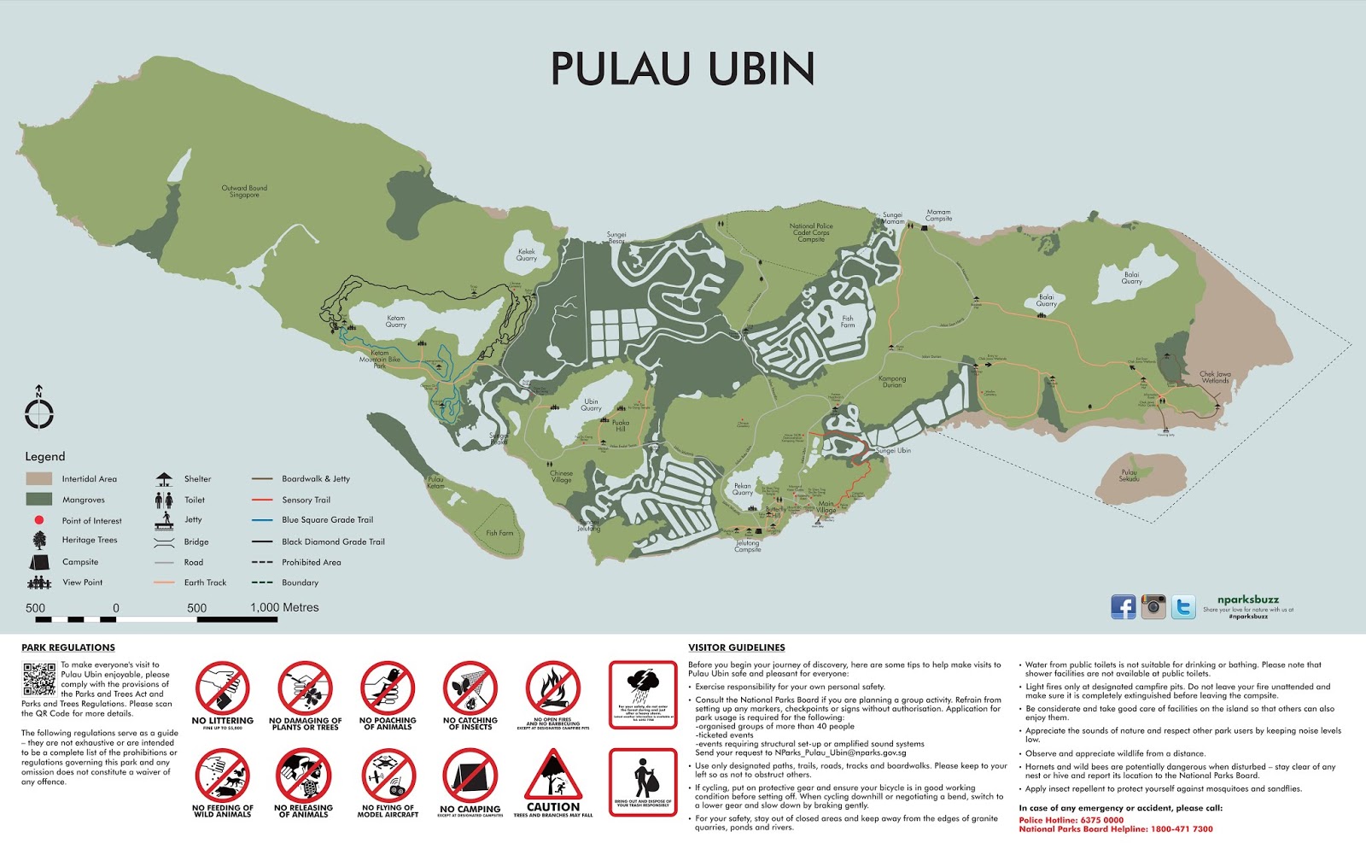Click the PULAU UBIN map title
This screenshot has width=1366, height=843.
682,69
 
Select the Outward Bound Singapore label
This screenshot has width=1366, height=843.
244,191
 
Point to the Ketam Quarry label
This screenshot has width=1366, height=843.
396,321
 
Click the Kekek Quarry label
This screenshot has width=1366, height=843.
527,255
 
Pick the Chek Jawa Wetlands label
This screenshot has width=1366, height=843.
1215,377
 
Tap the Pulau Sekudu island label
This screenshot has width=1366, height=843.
1129,475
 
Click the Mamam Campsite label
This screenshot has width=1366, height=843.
938,215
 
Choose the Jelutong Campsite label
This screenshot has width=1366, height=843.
747,546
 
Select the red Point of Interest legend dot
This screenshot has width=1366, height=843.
39,520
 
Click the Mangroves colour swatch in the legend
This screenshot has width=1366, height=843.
39,500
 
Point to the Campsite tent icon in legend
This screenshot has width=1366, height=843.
39,562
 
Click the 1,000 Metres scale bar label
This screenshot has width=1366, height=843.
284,608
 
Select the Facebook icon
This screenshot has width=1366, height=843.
1124,606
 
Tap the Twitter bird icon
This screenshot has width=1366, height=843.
1183,606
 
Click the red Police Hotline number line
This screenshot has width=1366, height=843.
1071,820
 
